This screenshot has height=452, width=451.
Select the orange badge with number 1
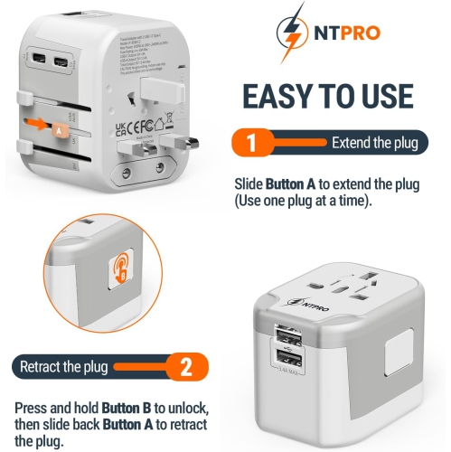tap(254, 143)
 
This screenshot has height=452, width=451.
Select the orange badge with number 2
tap(185, 367)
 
